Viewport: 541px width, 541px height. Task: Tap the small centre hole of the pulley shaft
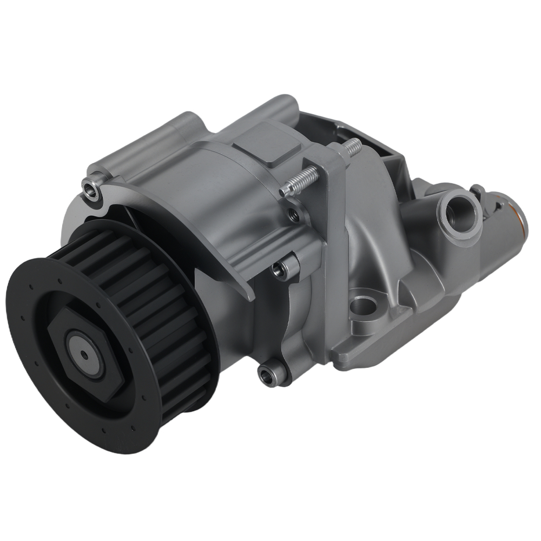84,355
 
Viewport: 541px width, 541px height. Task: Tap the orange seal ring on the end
520,216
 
